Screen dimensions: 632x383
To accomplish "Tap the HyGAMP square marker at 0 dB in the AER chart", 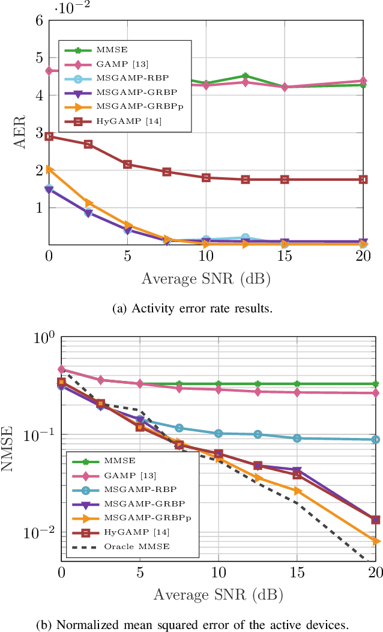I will point(49,136).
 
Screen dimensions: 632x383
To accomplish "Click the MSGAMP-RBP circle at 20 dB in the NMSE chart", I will point(376,440).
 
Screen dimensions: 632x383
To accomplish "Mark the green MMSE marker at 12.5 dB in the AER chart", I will point(245,76).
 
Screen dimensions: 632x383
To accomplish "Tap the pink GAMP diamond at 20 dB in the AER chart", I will point(363,81).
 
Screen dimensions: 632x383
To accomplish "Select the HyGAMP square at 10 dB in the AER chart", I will point(206,178).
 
